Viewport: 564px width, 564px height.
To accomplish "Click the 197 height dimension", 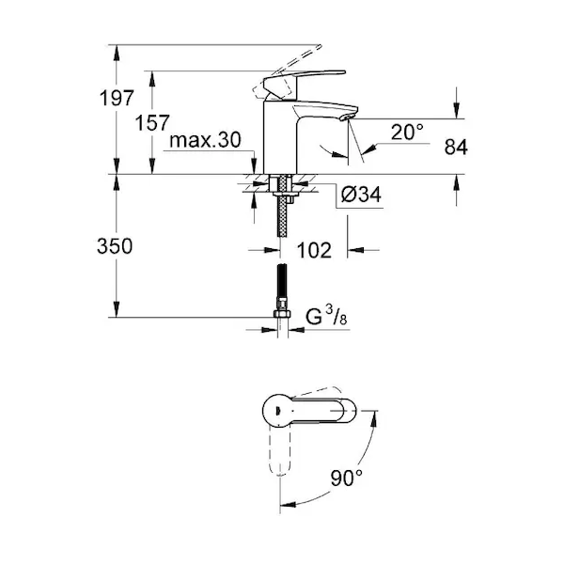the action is click(x=117, y=98).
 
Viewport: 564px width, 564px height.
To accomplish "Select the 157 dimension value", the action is click(x=151, y=122).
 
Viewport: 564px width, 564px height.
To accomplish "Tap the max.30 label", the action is click(x=205, y=139).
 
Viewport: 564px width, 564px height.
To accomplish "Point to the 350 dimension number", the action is click(x=115, y=246).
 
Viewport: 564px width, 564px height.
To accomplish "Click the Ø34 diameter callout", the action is click(x=361, y=195).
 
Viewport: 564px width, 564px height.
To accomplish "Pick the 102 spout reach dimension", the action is click(x=314, y=250).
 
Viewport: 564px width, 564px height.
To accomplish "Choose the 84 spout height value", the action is click(x=456, y=147).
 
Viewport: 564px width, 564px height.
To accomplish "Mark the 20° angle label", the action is click(x=407, y=132).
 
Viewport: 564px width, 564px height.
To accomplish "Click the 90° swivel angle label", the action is click(x=346, y=478).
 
